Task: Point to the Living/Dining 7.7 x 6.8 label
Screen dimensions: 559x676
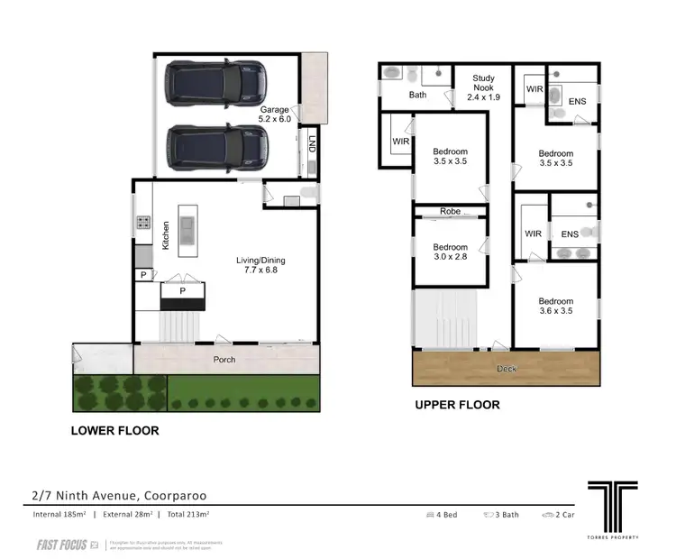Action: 262,267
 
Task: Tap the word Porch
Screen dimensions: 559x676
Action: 224,360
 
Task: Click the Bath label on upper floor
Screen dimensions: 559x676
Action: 417,95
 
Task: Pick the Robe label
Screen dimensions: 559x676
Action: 450,211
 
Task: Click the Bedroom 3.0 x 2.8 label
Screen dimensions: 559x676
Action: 450,252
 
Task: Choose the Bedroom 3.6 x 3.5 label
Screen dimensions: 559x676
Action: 555,307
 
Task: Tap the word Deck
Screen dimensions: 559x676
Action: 507,369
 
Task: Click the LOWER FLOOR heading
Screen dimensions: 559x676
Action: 114,431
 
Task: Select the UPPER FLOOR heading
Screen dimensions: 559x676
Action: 457,405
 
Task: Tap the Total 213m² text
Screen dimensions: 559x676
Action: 183,514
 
